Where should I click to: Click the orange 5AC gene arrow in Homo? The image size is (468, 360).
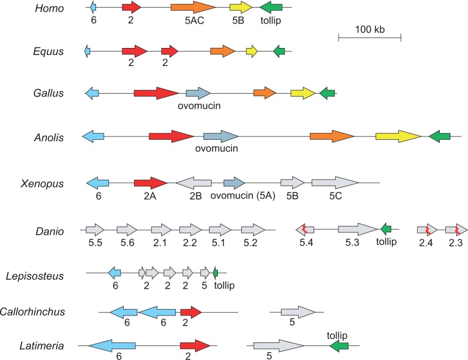click(193, 7)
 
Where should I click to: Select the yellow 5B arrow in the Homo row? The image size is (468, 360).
click(241, 7)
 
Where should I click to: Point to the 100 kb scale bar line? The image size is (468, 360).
click(370, 37)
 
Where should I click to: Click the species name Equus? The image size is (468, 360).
click(49, 52)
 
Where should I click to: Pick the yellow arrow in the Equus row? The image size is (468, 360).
click(252, 52)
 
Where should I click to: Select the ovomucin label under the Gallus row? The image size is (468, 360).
click(199, 105)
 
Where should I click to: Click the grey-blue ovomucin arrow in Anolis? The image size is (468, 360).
click(221, 136)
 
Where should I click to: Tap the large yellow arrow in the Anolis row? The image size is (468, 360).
click(398, 136)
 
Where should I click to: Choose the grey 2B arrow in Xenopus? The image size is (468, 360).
click(194, 183)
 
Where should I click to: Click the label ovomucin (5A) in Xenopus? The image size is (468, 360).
click(242, 196)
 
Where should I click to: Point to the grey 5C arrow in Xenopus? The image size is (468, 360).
click(335, 183)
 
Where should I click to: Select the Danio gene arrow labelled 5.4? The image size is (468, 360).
click(305, 229)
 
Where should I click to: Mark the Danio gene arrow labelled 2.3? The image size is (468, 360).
click(456, 229)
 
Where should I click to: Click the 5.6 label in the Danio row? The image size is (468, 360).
click(128, 243)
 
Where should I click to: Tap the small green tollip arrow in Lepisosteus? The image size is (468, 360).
click(216, 273)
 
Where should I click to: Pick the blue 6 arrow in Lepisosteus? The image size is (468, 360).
click(114, 273)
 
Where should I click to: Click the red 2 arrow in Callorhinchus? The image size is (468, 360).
click(191, 312)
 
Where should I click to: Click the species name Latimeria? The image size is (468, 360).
click(42, 346)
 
